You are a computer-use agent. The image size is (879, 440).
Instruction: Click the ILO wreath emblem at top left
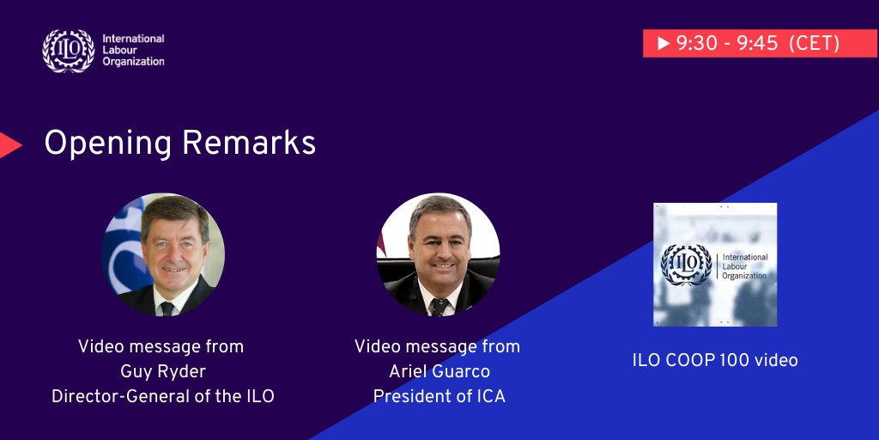(x=69, y=51)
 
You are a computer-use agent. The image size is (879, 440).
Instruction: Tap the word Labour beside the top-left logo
(x=119, y=50)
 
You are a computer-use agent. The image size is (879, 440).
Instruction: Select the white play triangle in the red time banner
(x=664, y=43)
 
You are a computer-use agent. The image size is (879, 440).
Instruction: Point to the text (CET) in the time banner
(x=814, y=43)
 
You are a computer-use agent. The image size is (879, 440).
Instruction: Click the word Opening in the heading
(x=107, y=144)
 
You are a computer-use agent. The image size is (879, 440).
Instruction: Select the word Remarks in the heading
(x=249, y=144)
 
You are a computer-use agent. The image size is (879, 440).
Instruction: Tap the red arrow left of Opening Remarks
(x=10, y=144)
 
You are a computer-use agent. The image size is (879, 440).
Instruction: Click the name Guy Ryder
(x=161, y=371)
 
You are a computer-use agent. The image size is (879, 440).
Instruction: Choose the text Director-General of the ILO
(x=163, y=396)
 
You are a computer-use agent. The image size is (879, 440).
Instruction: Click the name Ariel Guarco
(x=439, y=371)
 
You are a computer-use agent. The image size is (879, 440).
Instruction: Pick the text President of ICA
(x=439, y=396)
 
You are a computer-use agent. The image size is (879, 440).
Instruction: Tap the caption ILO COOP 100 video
(x=715, y=360)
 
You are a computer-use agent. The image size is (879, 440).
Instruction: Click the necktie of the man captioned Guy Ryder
(x=167, y=309)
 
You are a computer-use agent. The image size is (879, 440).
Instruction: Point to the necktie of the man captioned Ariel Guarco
(x=439, y=307)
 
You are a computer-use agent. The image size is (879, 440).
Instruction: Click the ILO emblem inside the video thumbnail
(x=687, y=265)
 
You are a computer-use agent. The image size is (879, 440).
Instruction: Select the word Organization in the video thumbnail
(x=744, y=276)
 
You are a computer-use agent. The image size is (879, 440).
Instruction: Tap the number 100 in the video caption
(x=735, y=360)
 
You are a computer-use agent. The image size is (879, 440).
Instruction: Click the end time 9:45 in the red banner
(x=758, y=43)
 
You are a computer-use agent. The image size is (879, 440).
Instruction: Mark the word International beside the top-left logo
(x=133, y=39)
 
